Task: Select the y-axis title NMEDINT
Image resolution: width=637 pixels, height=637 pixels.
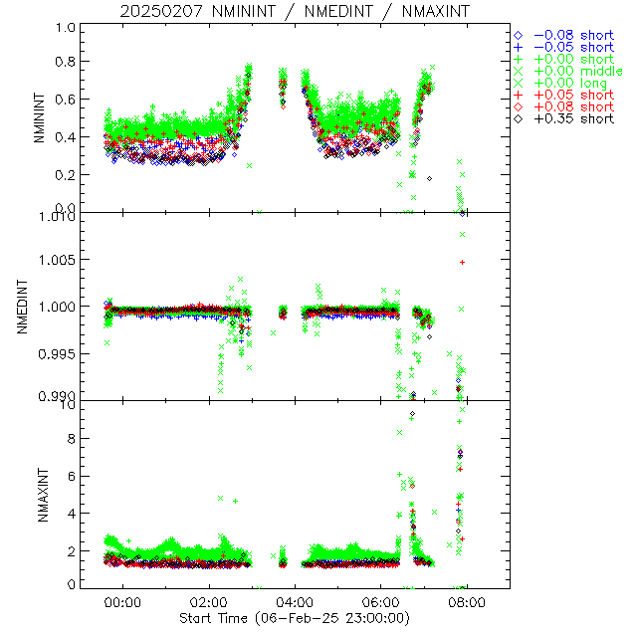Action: pos(22,307)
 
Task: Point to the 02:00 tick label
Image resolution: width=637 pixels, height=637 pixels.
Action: pos(209,603)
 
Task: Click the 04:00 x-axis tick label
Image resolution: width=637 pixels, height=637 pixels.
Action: pos(296,603)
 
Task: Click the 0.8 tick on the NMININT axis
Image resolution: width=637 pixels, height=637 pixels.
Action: pos(66,62)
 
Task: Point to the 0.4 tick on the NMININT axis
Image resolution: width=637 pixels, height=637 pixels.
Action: pos(66,137)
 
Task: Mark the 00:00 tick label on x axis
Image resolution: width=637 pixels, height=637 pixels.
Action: pos(123,603)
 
